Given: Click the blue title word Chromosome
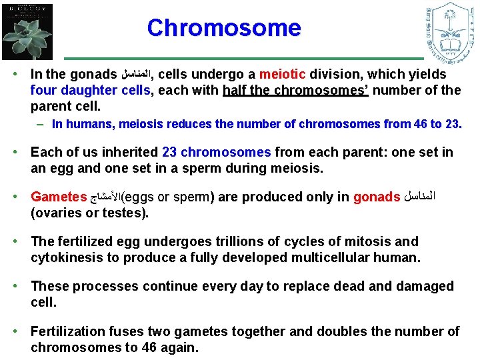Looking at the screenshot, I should [x=224, y=28].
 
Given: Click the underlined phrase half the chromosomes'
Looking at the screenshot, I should [x=295, y=90].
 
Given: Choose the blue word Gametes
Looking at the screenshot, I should [x=59, y=197].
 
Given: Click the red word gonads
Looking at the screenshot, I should [x=377, y=197].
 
